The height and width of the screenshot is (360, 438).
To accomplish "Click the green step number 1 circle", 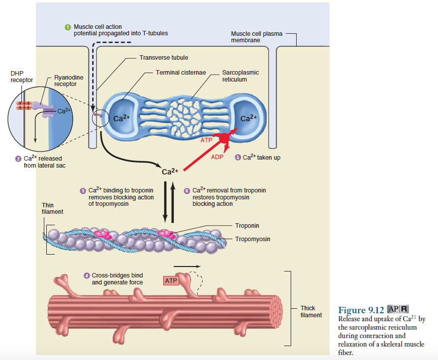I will pos(68,27).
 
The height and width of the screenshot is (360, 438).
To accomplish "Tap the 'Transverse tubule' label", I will pos(164,58).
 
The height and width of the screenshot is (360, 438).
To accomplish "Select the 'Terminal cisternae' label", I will pos(181,73).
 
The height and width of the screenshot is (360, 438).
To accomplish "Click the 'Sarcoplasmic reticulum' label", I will pos(240,76).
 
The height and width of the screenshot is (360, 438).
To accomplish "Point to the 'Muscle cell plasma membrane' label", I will pos(256,37).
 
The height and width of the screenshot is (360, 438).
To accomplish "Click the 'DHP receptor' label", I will pos(21,77).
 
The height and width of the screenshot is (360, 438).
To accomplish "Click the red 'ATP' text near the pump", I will pos(207,140).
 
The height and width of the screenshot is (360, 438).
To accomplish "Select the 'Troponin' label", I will pos(247,226).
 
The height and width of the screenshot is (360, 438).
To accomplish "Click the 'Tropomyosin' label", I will pos(253,239).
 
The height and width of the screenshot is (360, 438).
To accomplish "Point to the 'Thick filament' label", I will pos(311,311).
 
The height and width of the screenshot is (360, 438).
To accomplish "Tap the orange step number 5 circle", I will pos(238,157).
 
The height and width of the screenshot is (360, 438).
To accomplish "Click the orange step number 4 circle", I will pos(87,275).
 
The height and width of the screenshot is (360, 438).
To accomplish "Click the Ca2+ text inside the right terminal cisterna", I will pos(248,118).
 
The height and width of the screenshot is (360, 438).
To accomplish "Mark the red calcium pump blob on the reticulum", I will pos(224,136).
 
